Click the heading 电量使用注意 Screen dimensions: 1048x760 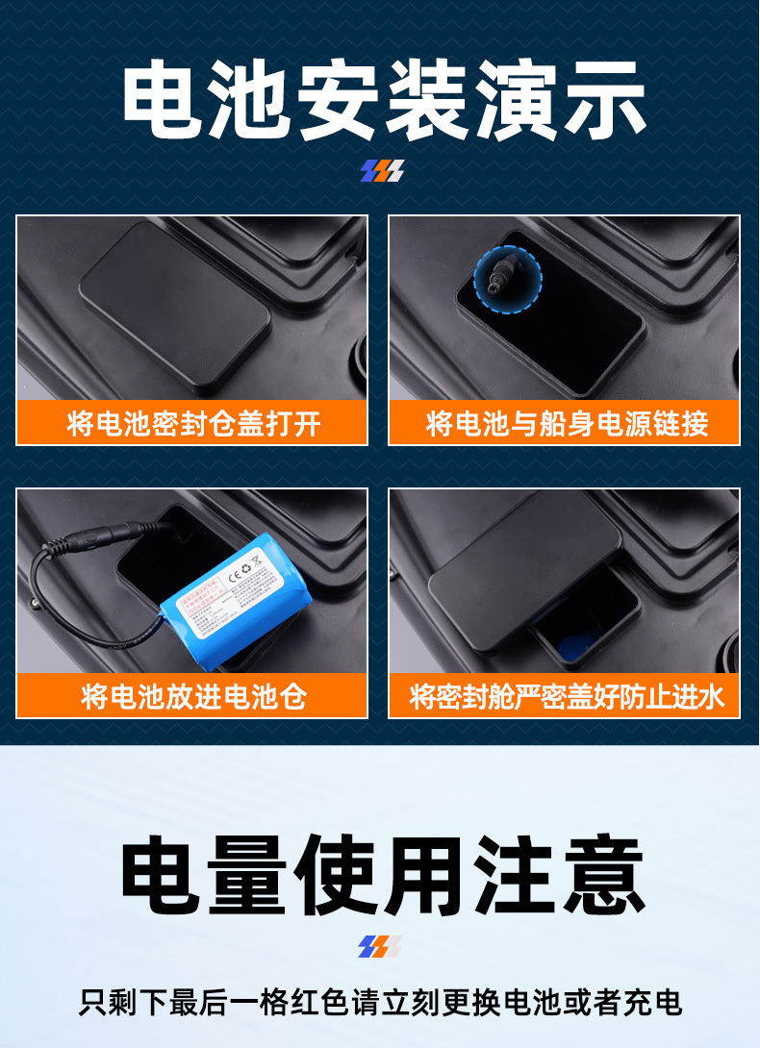tap(382, 876)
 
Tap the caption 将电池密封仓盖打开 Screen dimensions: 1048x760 tap(192, 423)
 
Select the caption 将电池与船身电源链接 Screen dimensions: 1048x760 tap(566, 423)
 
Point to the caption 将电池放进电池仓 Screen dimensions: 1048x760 tap(192, 696)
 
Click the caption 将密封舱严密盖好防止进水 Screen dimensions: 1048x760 tap(566, 696)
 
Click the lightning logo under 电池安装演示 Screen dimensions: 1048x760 tap(382, 171)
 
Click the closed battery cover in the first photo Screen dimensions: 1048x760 tap(175, 305)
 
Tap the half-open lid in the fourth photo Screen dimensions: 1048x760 tap(524, 568)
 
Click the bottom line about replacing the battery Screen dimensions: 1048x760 tap(380, 1002)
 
